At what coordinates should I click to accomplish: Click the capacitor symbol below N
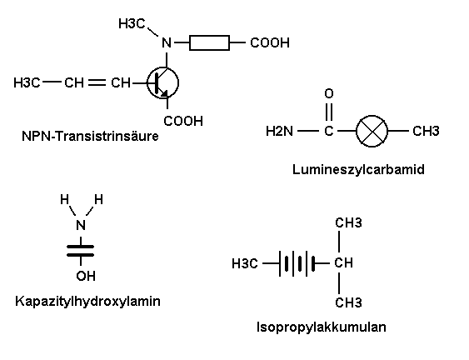coord(81,251)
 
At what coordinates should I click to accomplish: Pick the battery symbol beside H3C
coord(297,263)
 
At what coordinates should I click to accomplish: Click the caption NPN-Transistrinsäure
coord(90,136)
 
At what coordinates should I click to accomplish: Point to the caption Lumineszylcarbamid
coord(358,169)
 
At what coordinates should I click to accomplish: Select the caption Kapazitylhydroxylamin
coord(87,301)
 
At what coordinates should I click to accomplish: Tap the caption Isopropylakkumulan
coord(322,327)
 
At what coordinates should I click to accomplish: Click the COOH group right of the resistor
coord(270,42)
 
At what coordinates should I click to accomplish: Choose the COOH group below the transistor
coord(183,121)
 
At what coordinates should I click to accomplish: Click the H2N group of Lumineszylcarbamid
coord(279,131)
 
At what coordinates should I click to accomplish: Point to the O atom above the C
coord(329,93)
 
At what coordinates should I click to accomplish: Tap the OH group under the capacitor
coord(86,276)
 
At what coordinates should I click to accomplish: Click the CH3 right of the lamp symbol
coord(426,131)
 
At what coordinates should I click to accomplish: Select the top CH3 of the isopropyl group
coord(348,223)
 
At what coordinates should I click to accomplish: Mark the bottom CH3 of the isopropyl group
coord(348,302)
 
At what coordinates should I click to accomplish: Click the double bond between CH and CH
coord(97,82)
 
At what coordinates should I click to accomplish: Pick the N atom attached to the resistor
coord(167,42)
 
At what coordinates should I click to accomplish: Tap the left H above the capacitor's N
coord(65,199)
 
